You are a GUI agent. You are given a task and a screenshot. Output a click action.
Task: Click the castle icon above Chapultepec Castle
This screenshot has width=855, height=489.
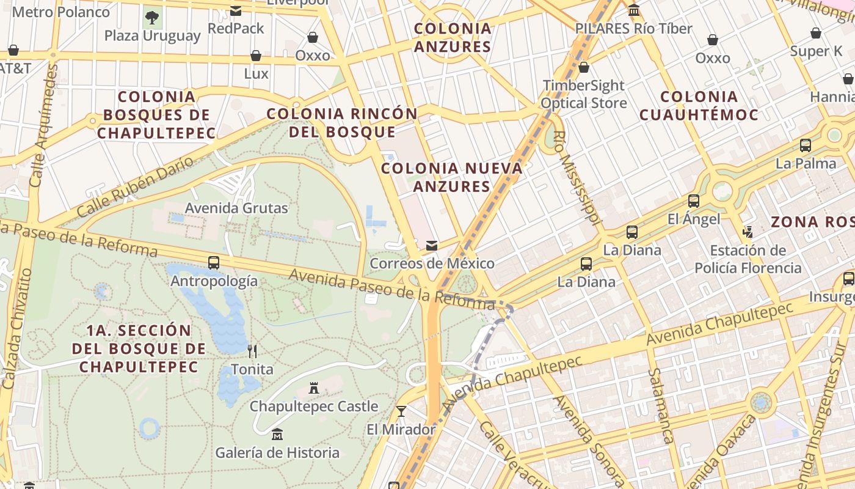pyautogui.click(x=314, y=388)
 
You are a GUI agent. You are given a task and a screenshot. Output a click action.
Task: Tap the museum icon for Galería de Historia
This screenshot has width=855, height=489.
pyautogui.click(x=277, y=434)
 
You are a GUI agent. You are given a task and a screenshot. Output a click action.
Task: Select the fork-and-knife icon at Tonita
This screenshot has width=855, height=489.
pyautogui.click(x=252, y=351)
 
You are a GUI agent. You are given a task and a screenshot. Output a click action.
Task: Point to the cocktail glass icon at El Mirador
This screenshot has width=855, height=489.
pyautogui.click(x=401, y=411)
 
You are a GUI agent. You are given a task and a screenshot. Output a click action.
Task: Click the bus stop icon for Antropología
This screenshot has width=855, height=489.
pyautogui.click(x=214, y=263)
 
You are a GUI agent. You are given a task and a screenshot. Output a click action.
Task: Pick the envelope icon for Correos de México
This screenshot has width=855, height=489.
pyautogui.click(x=432, y=246)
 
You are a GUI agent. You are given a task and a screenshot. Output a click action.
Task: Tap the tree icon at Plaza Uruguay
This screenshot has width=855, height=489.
pyautogui.click(x=152, y=17)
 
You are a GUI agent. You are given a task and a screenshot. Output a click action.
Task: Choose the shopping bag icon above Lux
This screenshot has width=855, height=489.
pyautogui.click(x=256, y=56)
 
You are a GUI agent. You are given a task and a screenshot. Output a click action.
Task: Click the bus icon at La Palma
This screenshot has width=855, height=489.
pyautogui.click(x=806, y=145)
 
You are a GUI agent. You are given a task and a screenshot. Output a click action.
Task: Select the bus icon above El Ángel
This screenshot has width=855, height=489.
pyautogui.click(x=694, y=200)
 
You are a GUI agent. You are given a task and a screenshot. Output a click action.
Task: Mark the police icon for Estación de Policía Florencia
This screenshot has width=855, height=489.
pyautogui.click(x=748, y=232)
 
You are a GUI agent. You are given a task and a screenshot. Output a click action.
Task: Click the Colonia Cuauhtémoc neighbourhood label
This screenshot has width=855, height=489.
pyautogui.click(x=699, y=106)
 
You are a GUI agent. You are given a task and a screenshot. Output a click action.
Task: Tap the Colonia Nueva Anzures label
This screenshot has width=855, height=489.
pyautogui.click(x=452, y=177)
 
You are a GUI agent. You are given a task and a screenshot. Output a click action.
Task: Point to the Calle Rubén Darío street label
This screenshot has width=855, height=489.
pyautogui.click(x=136, y=186)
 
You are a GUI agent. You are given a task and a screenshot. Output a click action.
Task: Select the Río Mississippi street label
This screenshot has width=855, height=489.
pyautogui.click(x=579, y=178)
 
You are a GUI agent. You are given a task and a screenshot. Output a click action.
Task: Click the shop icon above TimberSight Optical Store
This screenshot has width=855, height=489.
pyautogui.click(x=583, y=67)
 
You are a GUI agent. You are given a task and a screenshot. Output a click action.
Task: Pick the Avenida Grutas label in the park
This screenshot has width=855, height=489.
pyautogui.click(x=236, y=208)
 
